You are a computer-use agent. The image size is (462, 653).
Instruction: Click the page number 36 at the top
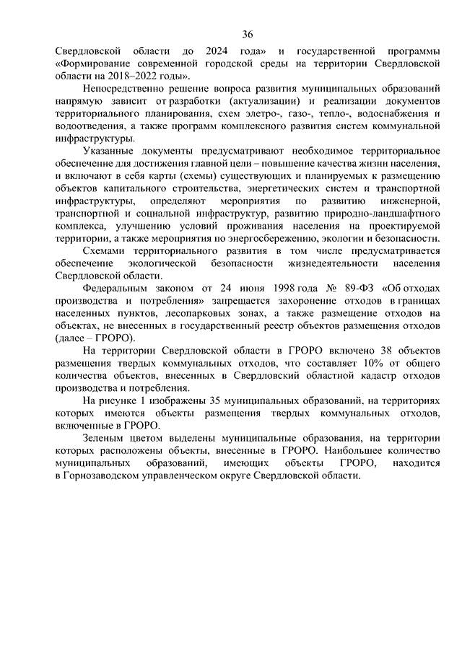pos(248,35)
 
